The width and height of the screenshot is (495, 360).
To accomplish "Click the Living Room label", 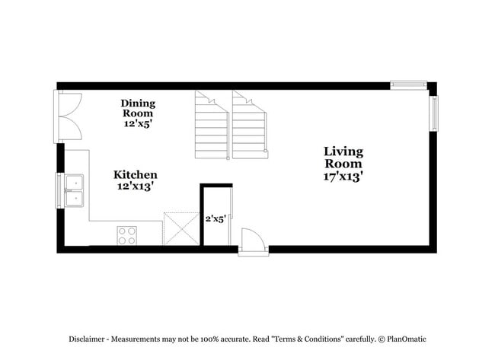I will coord(343,157).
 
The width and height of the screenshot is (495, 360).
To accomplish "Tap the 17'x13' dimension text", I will coord(343,176).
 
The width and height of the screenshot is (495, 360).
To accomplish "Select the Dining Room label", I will coord(138,108).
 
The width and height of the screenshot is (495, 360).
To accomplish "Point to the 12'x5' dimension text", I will coord(138,123).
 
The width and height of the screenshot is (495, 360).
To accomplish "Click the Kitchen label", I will coord(136,174).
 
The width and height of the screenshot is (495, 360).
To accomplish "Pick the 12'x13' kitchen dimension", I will coord(136,186).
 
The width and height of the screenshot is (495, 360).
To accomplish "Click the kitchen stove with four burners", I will coord(126,235).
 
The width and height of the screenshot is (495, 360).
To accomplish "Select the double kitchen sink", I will coord(75,190).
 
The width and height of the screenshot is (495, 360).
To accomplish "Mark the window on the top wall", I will coord(408,85).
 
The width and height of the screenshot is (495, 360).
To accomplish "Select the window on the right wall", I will coord(433,113).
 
